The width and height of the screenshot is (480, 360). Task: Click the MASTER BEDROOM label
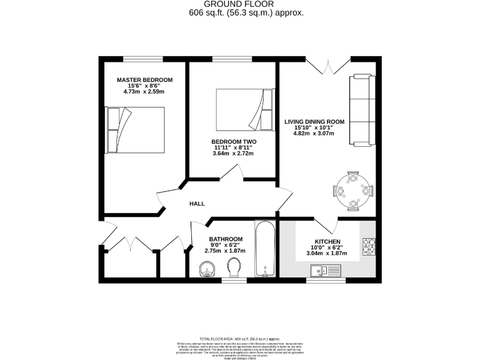click(144, 80)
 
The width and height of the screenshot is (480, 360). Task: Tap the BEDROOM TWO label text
click(233, 142)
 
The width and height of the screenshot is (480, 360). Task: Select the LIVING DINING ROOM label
click(314, 121)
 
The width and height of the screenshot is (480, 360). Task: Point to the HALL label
click(197, 204)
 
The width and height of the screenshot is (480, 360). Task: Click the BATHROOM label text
click(226, 239)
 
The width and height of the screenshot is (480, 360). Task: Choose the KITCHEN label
click(327, 242)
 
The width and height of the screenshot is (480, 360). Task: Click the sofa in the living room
click(363, 107)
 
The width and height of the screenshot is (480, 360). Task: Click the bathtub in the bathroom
click(264, 248)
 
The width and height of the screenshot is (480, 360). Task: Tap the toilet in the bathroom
click(235, 269)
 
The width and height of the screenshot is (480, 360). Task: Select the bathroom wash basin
click(207, 270)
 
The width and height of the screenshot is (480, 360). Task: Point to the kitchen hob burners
click(367, 246)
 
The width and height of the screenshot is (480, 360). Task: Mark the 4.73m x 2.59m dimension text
click(144, 92)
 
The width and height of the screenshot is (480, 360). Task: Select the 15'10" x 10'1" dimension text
click(314, 127)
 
